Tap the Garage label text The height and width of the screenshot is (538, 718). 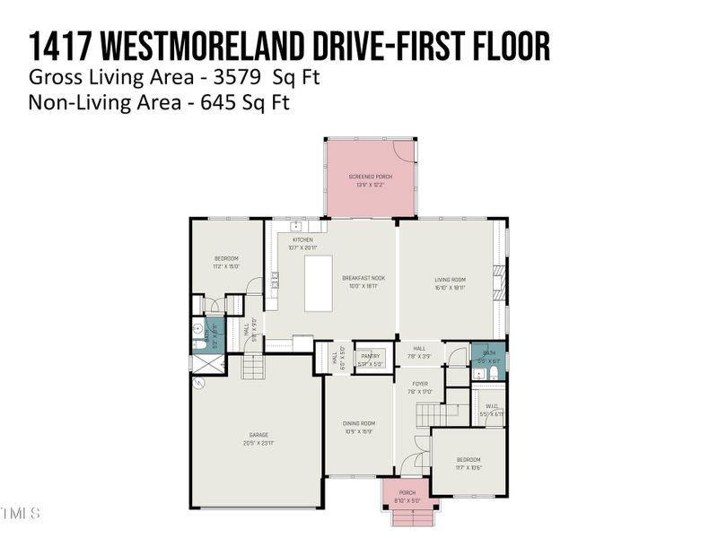point(257,439)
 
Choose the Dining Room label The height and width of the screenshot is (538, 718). point(358,427)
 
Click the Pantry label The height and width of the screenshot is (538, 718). point(370,360)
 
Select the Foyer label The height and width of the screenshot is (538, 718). point(420,387)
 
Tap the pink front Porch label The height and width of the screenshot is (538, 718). point(407,496)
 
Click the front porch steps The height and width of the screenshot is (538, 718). point(412,519)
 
